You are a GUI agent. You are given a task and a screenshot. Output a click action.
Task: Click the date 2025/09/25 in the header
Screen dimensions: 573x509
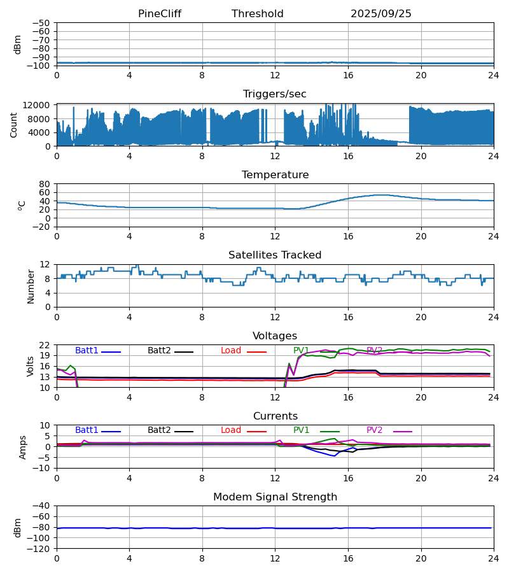pyautogui.click(x=381, y=14)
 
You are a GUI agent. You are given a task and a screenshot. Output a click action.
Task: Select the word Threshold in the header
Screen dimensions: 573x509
pyautogui.click(x=258, y=14)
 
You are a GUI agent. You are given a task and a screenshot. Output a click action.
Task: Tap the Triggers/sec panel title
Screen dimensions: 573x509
pyautogui.click(x=275, y=94)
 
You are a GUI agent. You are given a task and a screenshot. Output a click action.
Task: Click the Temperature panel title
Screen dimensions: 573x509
pyautogui.click(x=275, y=175)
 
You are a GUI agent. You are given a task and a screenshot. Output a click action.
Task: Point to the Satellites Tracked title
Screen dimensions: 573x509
pyautogui.click(x=275, y=255)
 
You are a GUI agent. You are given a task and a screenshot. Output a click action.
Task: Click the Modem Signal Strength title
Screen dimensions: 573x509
pyautogui.click(x=275, y=497)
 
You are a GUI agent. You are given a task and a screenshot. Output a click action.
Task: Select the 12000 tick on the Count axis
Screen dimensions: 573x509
pyautogui.click(x=41, y=105)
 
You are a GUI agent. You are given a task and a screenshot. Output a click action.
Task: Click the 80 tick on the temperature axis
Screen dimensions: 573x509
pyautogui.click(x=45, y=184)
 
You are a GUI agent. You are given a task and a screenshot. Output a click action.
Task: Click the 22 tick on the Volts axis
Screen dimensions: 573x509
pyautogui.click(x=45, y=345)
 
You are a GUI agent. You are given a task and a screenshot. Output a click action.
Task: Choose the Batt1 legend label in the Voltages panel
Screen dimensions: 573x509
pyautogui.click(x=87, y=351)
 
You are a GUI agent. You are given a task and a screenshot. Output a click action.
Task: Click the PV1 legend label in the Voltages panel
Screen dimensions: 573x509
pyautogui.click(x=301, y=351)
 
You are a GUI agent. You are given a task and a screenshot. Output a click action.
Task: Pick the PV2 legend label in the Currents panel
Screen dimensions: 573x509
pyautogui.click(x=374, y=430)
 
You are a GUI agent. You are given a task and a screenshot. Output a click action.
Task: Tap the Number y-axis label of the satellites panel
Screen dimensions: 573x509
pyautogui.click(x=31, y=286)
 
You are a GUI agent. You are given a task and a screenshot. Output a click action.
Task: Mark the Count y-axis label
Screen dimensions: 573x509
pyautogui.click(x=14, y=125)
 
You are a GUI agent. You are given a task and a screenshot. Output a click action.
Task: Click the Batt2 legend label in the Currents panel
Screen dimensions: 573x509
pyautogui.click(x=159, y=430)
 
